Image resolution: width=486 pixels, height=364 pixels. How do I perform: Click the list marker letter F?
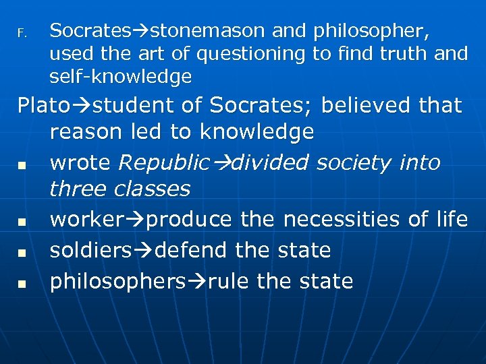(21, 32)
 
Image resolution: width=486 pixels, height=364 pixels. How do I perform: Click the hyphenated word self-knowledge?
(121, 77)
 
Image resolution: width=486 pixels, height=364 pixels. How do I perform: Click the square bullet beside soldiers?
(22, 253)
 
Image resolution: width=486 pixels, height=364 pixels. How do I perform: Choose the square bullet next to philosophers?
(22, 283)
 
